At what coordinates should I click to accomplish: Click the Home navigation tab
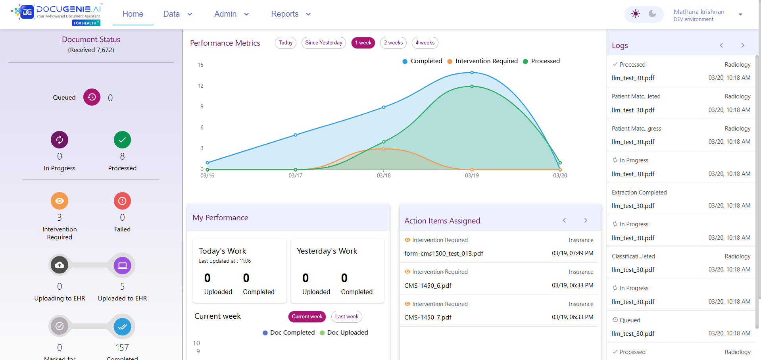133,14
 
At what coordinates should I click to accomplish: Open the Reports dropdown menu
290,14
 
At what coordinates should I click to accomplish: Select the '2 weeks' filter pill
393,43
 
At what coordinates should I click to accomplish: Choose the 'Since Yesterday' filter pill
323,43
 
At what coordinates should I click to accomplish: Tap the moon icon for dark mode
652,14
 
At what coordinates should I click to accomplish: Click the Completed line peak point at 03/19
472,73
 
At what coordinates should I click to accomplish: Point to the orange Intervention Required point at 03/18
384,149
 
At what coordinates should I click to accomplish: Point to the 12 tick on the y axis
200,86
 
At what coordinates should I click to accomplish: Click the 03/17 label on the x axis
295,175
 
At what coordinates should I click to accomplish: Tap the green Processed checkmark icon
122,140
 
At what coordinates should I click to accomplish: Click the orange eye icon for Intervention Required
60,201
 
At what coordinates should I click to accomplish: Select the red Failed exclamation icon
122,201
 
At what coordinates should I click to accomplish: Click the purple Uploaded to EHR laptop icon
122,265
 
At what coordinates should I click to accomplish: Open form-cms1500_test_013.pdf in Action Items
444,253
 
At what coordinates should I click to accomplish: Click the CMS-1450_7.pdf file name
428,317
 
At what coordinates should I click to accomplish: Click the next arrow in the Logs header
743,46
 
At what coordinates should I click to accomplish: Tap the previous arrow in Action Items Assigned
564,220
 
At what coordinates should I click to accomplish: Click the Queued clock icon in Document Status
92,97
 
